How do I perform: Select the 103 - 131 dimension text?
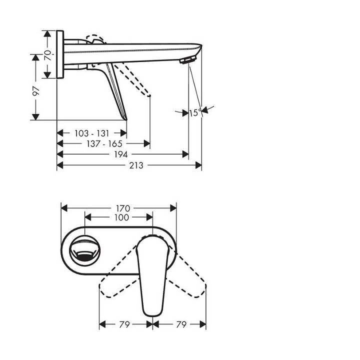(x=91, y=133)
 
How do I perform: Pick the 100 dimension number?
(x=121, y=217)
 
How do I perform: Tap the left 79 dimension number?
(x=125, y=325)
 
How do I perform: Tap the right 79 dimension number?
(x=181, y=325)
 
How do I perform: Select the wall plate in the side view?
(x=60, y=54)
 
